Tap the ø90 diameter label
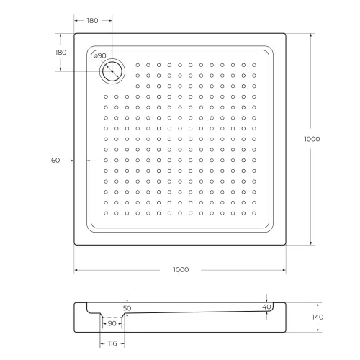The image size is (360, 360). pos(100,56)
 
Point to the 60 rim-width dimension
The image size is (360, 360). pos(55,161)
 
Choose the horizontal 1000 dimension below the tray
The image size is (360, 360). pos(180,270)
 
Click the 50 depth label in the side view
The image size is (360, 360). pos(127,308)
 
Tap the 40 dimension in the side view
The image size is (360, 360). pos(267,307)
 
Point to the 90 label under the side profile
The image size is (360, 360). pos(112,324)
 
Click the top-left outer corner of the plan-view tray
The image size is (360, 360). pos(74,33)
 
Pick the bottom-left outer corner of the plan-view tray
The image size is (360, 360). pos(74,246)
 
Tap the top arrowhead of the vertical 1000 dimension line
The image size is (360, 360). pos(311,35)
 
